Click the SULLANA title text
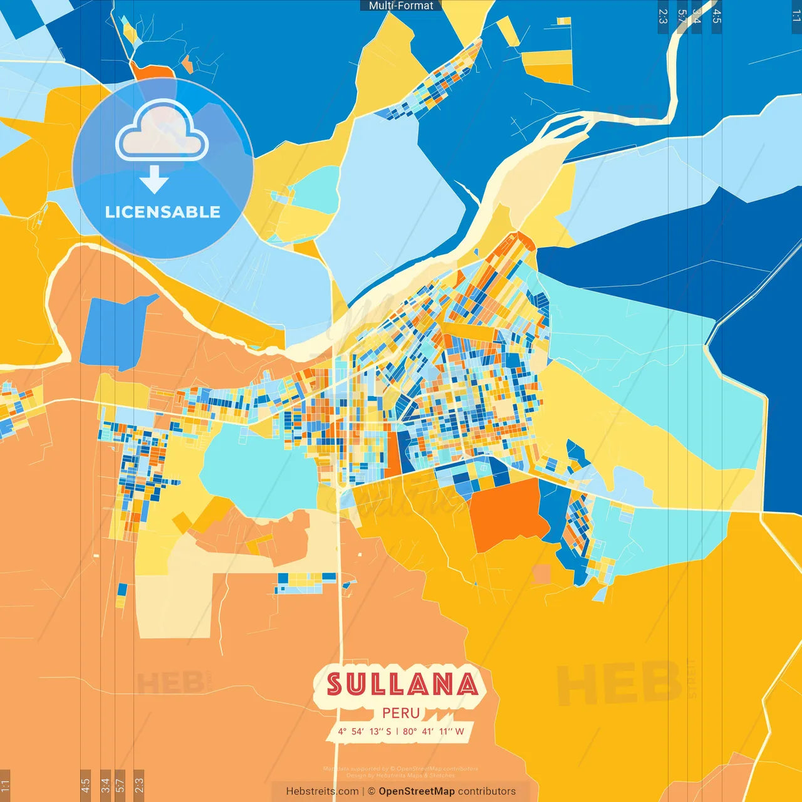tap(402, 684)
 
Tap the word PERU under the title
tap(401, 713)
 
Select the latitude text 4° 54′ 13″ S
tap(364, 731)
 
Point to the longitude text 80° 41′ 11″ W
tap(434, 731)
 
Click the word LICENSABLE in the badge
tap(163, 212)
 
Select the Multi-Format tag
tap(401, 6)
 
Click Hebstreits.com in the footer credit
tap(322, 791)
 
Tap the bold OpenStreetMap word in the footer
tap(417, 791)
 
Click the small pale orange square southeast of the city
tap(541, 574)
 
